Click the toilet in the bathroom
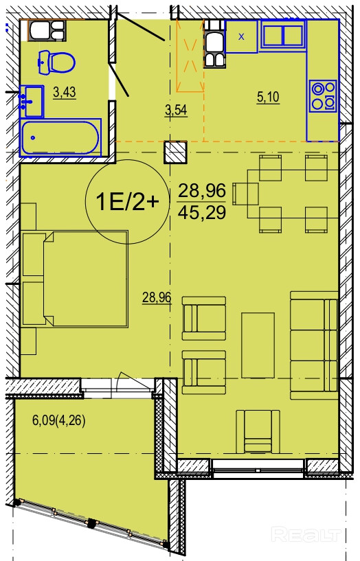click(x=56, y=63)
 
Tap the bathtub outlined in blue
click(x=60, y=138)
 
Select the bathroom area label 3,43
click(x=65, y=92)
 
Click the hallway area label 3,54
click(x=176, y=110)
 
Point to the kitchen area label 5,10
click(x=268, y=97)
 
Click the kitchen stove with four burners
click(x=324, y=96)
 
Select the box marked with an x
click(x=242, y=36)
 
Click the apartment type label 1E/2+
click(x=127, y=203)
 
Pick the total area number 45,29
click(x=202, y=213)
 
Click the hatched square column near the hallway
click(x=175, y=152)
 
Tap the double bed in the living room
click(x=75, y=279)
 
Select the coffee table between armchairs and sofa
click(x=258, y=345)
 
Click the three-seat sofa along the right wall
click(x=314, y=345)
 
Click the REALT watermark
click(x=306, y=534)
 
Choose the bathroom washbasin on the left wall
click(x=32, y=102)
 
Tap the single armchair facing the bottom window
click(x=258, y=431)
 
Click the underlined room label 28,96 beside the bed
click(x=157, y=297)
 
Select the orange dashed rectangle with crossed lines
click(x=190, y=56)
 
